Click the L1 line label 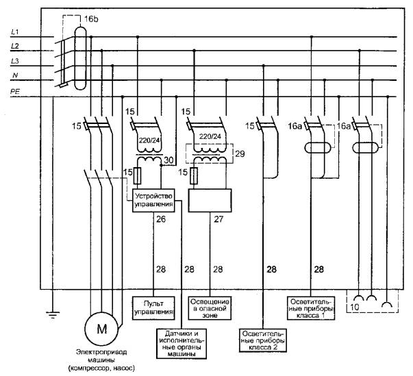click(x=15, y=32)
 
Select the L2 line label click(x=15, y=45)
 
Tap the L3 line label click(x=15, y=61)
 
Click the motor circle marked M click(x=101, y=329)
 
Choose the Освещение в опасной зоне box click(x=210, y=307)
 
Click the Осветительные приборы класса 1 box click(x=311, y=308)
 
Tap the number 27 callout click(x=218, y=219)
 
